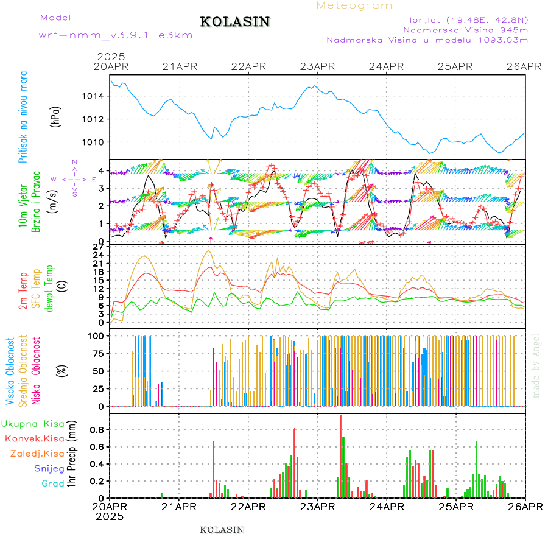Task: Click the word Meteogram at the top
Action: (x=354, y=5)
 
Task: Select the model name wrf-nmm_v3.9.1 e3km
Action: (x=116, y=35)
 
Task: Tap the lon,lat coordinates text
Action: (x=468, y=19)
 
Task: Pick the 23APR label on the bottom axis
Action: (x=316, y=507)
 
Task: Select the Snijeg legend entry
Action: (x=49, y=469)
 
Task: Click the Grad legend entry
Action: (x=53, y=484)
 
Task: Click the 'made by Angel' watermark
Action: (x=536, y=365)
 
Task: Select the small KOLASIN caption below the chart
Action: (x=222, y=530)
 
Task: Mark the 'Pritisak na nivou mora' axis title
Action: (x=23, y=116)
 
